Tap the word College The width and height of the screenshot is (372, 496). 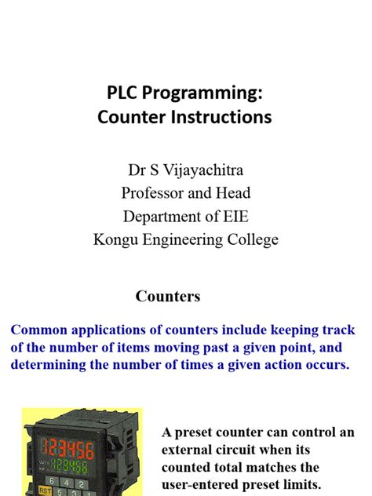(x=250, y=239)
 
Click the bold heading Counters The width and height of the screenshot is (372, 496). (x=168, y=296)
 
